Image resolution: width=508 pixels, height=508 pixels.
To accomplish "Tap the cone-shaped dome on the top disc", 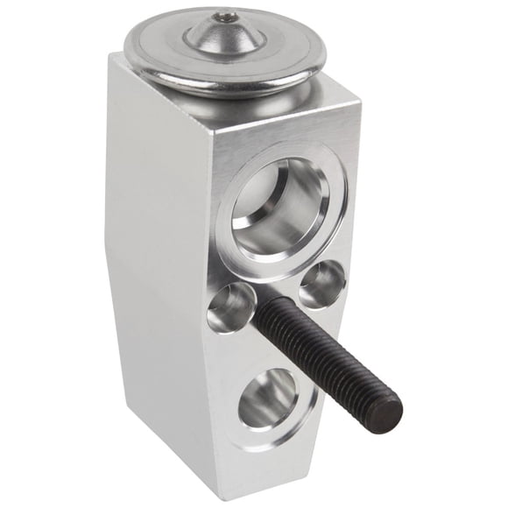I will [x=226, y=33].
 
